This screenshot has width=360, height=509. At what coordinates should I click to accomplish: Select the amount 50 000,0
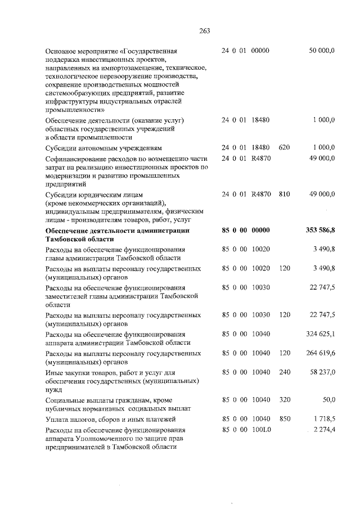click(322, 51)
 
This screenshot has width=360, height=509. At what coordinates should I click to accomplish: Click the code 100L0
click(260, 430)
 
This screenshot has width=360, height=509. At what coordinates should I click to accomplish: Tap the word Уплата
click(57, 419)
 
